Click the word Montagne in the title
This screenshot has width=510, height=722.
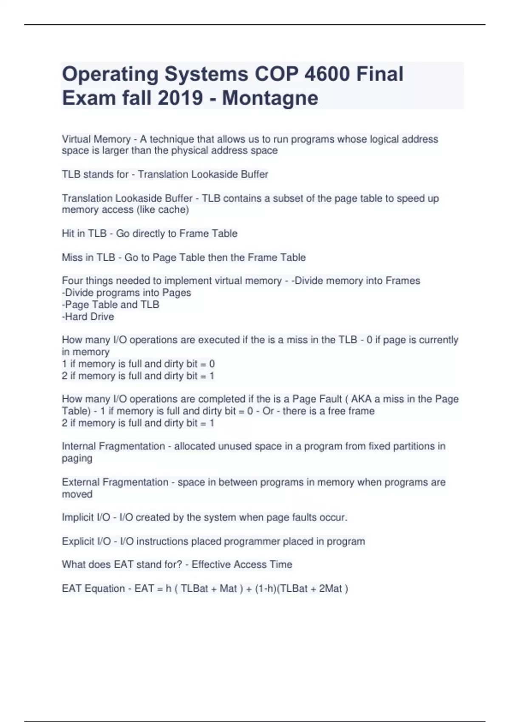click(x=270, y=98)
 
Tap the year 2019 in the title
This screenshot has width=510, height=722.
click(x=180, y=98)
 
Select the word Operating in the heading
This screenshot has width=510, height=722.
click(x=110, y=74)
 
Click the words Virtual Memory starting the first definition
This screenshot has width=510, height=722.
click(x=96, y=139)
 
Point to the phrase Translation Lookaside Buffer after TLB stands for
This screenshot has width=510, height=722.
click(x=203, y=175)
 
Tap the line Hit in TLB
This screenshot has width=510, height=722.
click(x=150, y=234)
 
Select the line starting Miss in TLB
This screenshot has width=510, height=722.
click(x=184, y=257)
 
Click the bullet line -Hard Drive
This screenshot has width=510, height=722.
click(x=88, y=317)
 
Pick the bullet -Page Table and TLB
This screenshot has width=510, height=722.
click(x=110, y=305)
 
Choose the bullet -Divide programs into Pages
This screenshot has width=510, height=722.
click(x=126, y=293)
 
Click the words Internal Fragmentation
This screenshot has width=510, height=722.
click(x=113, y=446)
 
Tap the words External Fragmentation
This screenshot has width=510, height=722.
click(x=115, y=482)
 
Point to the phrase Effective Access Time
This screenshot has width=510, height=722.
click(x=242, y=565)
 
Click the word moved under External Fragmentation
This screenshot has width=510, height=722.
click(x=77, y=494)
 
